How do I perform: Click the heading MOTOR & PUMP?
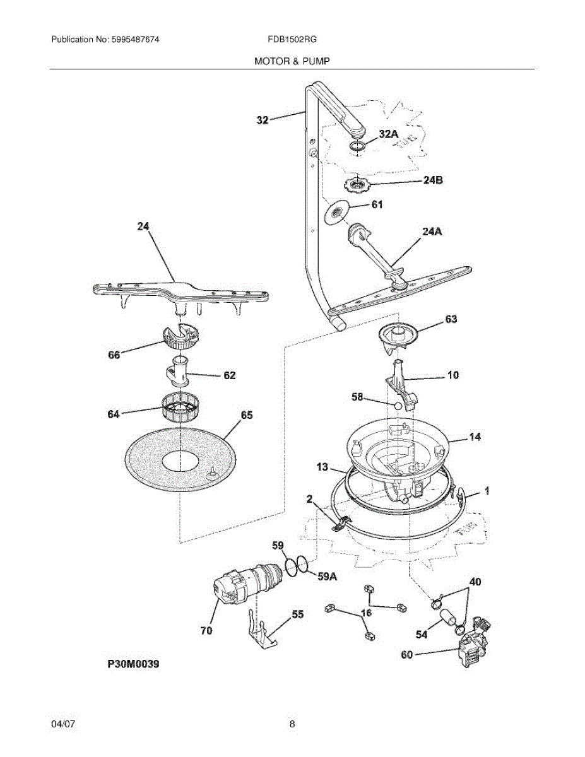[292, 61]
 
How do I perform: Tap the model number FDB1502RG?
[292, 39]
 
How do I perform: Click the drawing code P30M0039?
[133, 664]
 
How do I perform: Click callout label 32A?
[389, 134]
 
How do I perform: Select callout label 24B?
[432, 180]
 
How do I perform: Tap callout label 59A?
[327, 576]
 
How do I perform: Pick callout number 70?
[206, 630]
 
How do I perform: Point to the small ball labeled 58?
[396, 407]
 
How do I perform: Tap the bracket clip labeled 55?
[261, 631]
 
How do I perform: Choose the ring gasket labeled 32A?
[358, 148]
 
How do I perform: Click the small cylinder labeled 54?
[449, 615]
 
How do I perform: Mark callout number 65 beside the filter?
[247, 415]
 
